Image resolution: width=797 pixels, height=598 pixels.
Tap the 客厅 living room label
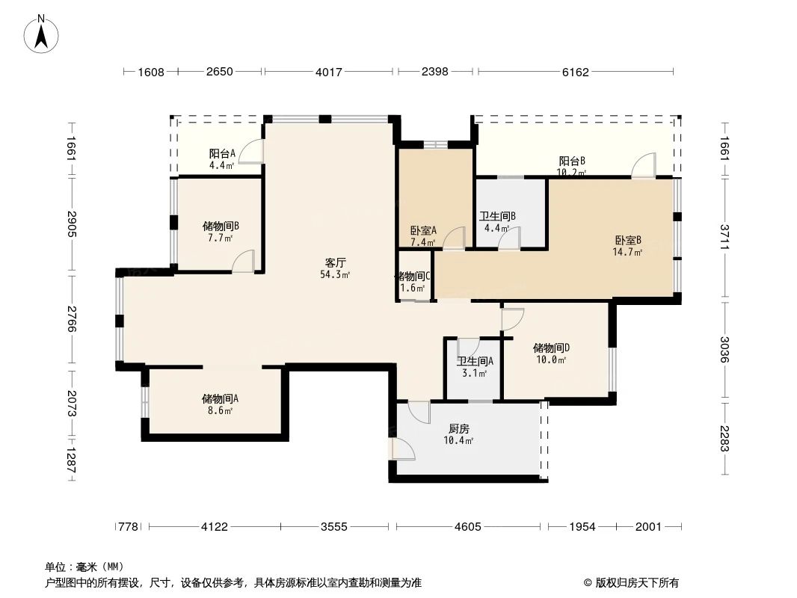point(335,262)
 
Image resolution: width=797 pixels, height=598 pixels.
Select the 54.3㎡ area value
point(335,274)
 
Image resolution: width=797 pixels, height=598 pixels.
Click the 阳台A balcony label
point(222,154)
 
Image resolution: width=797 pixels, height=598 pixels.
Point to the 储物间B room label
point(221,225)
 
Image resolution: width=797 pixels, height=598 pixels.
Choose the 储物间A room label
point(220,398)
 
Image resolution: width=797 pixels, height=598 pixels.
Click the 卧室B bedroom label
point(628,241)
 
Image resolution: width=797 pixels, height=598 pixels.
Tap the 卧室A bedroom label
point(423,231)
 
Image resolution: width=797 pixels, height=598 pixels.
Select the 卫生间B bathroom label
point(497,217)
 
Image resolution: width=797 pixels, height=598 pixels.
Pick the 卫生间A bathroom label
point(476,361)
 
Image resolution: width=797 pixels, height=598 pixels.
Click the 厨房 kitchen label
point(458,429)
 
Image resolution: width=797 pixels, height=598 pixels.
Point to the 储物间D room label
point(551,348)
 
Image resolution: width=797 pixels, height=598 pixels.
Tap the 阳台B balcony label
point(572,161)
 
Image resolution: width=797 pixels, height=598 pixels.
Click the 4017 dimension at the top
point(328,72)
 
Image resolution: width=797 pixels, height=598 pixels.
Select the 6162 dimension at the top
point(575,72)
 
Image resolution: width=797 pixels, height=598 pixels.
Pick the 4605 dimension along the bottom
point(467,527)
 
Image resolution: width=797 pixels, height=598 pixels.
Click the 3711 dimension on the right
point(724,238)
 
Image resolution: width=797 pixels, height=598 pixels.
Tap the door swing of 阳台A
point(253,152)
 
